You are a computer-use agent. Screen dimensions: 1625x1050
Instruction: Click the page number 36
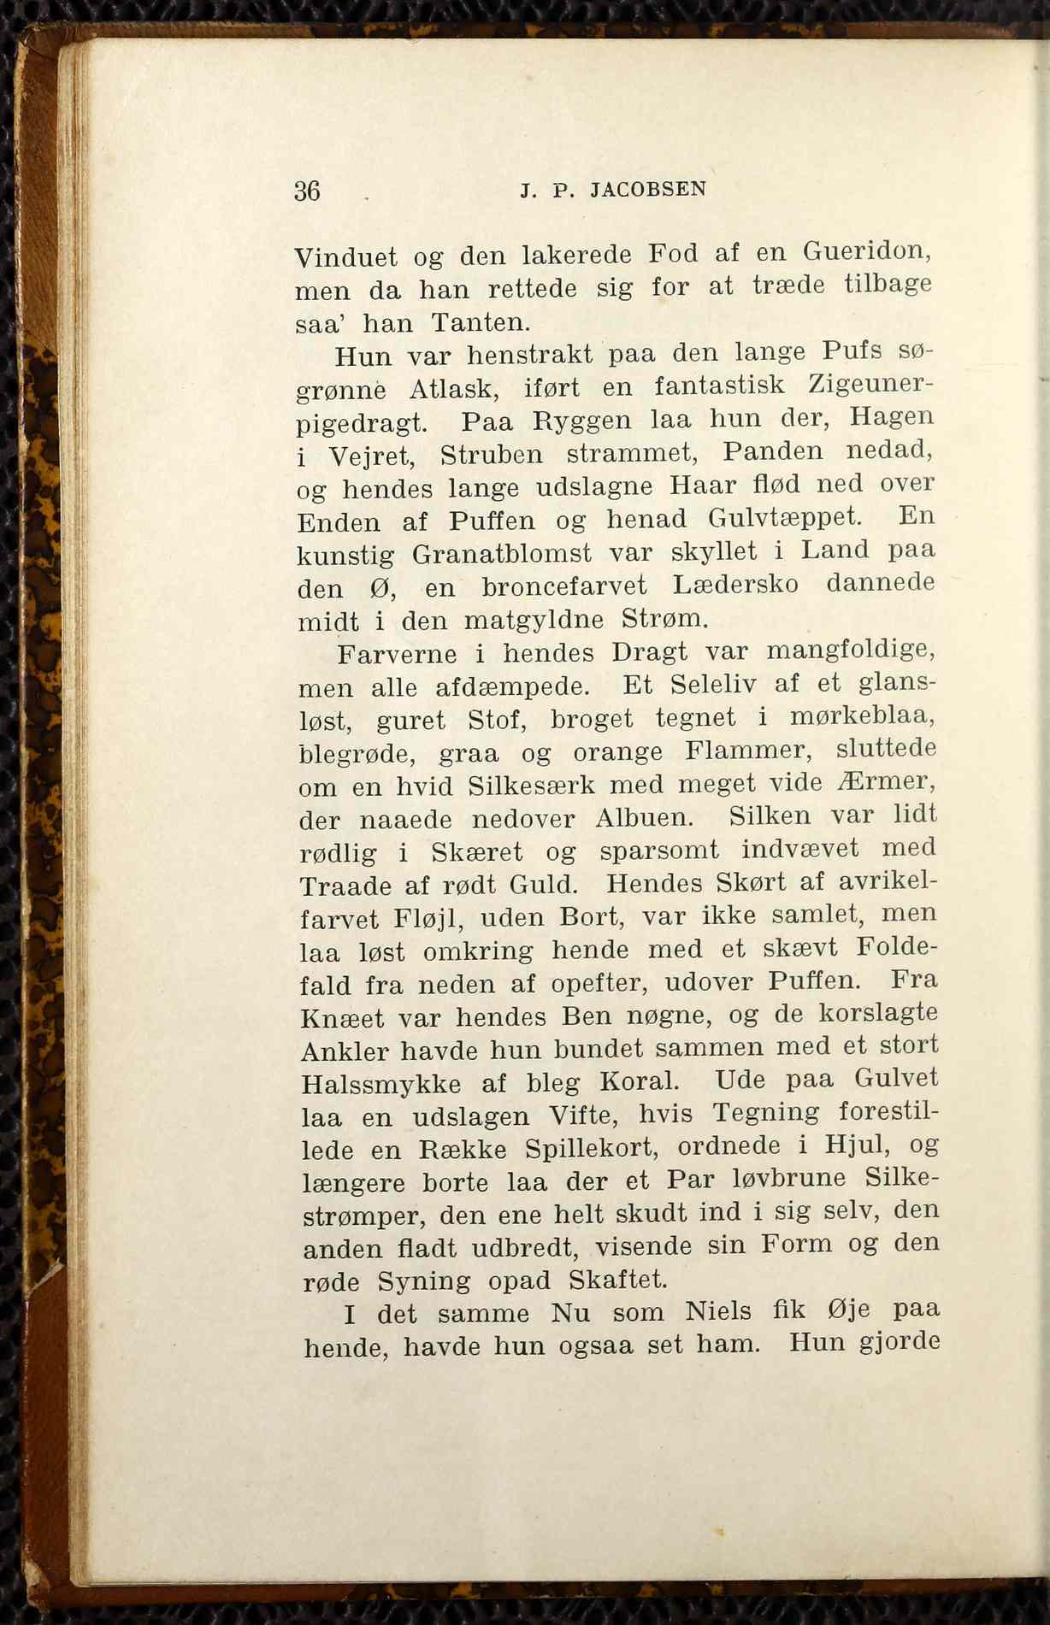pos(307,191)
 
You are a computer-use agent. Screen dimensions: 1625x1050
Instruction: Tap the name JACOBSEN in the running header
pos(648,189)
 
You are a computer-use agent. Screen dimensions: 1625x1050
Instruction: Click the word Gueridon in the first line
pos(865,252)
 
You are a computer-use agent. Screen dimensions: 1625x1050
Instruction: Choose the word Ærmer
pos(882,782)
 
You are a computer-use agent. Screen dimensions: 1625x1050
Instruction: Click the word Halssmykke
pos(381,1084)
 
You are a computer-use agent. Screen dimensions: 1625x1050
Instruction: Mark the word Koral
pos(639,1081)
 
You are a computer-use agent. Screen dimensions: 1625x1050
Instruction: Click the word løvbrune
pos(778,1179)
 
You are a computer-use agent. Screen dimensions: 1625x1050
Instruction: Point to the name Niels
pos(718,1311)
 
